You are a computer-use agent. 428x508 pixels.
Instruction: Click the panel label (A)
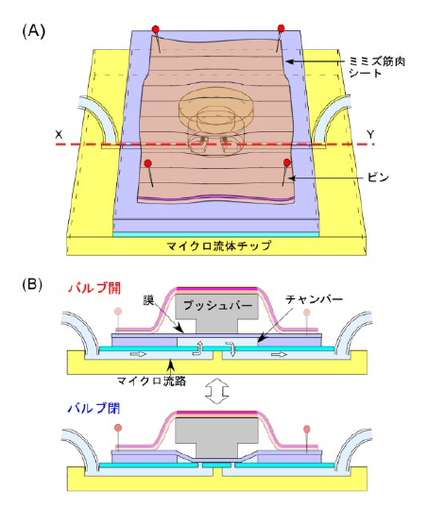point(34,32)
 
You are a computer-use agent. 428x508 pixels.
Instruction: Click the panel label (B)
point(32,285)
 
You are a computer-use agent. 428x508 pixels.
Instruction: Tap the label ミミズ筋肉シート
point(377,67)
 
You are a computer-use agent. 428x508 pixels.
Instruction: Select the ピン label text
point(378,178)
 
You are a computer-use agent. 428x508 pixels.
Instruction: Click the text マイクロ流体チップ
point(218,246)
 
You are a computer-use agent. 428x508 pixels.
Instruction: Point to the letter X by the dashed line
point(59,134)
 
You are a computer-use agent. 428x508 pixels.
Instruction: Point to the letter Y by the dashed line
point(370,134)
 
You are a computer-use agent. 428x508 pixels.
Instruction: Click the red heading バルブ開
point(94,288)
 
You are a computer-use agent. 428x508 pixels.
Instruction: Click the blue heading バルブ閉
point(94,408)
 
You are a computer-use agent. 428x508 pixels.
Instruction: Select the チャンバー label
point(314,299)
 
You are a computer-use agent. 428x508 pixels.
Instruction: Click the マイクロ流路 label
point(152,381)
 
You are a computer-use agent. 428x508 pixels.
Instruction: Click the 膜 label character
point(148,300)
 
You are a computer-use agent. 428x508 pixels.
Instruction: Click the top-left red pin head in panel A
point(156,29)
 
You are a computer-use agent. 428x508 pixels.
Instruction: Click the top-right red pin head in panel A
point(282,28)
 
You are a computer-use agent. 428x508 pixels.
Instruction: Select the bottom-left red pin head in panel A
point(147,163)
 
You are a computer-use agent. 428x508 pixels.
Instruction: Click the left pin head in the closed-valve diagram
point(118,428)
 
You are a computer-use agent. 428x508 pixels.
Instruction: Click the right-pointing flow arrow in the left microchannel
point(139,354)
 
